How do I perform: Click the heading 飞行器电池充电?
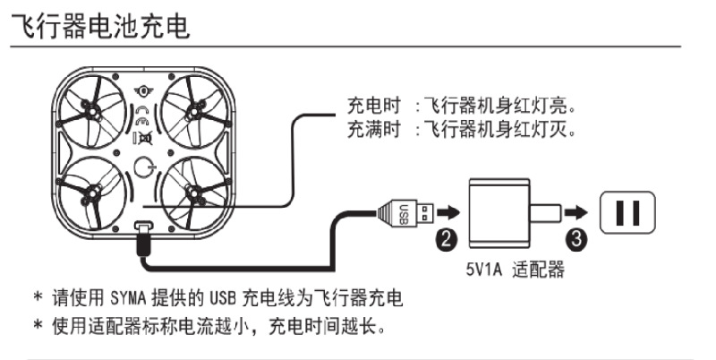click(99, 26)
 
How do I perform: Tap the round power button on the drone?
click(144, 167)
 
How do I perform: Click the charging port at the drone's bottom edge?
click(141, 232)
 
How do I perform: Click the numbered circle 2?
click(445, 238)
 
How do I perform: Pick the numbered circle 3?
click(578, 238)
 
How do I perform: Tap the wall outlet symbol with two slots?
click(627, 211)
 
